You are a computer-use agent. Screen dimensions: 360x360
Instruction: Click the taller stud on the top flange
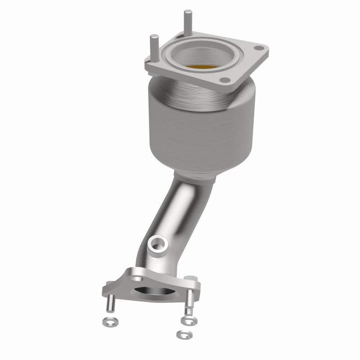pyautogui.click(x=185, y=22)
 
